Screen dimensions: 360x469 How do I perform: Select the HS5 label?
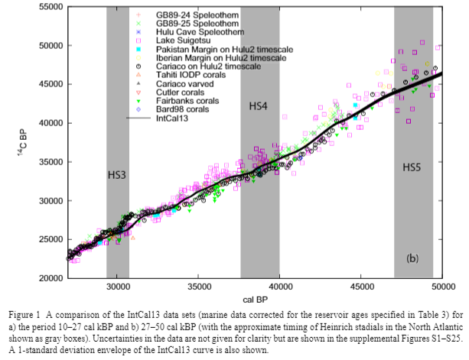pyautogui.click(x=413, y=166)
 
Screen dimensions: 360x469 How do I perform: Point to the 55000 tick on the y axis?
pyautogui.click(x=49, y=6)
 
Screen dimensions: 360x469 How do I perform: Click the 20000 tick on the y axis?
pyautogui.click(x=49, y=277)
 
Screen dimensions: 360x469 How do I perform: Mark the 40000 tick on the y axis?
pyautogui.click(x=49, y=122)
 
